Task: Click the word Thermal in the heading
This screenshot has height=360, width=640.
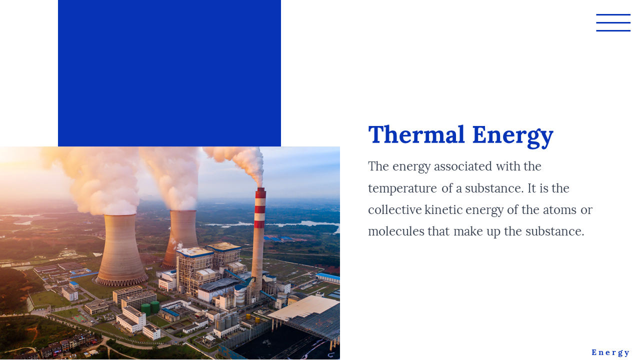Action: coord(416,134)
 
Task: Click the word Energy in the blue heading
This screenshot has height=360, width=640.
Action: coord(513,137)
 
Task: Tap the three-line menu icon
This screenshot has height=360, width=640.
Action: coord(613,22)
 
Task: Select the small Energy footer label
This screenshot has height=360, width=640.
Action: coord(610,352)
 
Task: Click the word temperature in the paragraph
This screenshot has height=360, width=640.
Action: coord(402,188)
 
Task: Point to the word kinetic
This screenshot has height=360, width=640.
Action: coord(443,209)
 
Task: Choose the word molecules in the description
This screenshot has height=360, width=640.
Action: coord(396,231)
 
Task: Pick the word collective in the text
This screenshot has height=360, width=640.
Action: coord(395,209)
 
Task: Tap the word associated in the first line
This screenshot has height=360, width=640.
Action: coord(463,166)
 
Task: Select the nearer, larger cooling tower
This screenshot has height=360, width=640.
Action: coord(121,250)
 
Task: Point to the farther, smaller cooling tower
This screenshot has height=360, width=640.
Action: coord(181,238)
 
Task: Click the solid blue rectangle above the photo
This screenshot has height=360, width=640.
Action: coord(169,73)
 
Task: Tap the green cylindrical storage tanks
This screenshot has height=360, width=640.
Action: coord(150,308)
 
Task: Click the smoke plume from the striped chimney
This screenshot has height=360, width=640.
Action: coord(240,163)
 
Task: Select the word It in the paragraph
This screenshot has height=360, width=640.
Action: coord(531,188)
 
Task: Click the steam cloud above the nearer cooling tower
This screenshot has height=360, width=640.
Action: coord(100,180)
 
